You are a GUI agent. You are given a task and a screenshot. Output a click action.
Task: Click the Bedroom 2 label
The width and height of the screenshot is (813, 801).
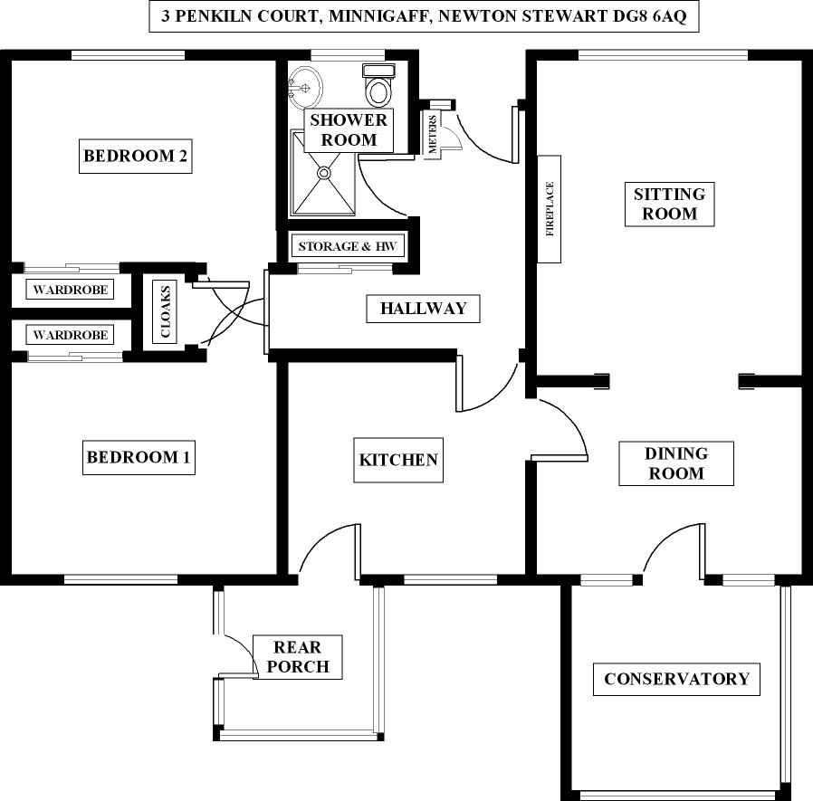click(135, 156)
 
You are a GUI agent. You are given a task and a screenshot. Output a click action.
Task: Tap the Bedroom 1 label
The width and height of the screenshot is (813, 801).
click(139, 457)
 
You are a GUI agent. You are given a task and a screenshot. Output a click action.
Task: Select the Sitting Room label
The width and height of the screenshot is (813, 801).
click(669, 204)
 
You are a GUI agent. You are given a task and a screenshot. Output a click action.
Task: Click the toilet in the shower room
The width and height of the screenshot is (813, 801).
click(377, 86)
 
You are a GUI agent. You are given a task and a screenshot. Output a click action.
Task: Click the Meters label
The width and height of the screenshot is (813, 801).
click(433, 136)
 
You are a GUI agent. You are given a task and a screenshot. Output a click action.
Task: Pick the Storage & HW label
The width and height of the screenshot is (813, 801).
click(348, 246)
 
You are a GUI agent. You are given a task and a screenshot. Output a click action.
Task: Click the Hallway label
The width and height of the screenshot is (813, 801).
click(423, 309)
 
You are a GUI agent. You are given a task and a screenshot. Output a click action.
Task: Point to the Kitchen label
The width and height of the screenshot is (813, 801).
click(398, 460)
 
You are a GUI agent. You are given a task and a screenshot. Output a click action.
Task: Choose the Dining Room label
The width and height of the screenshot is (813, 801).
click(675, 462)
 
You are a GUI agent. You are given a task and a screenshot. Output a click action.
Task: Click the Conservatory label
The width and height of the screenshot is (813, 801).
click(676, 679)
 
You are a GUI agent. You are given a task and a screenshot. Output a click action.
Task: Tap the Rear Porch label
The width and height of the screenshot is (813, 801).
click(297, 657)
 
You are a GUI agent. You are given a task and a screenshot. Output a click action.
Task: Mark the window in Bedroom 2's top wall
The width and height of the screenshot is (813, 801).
click(129, 54)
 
